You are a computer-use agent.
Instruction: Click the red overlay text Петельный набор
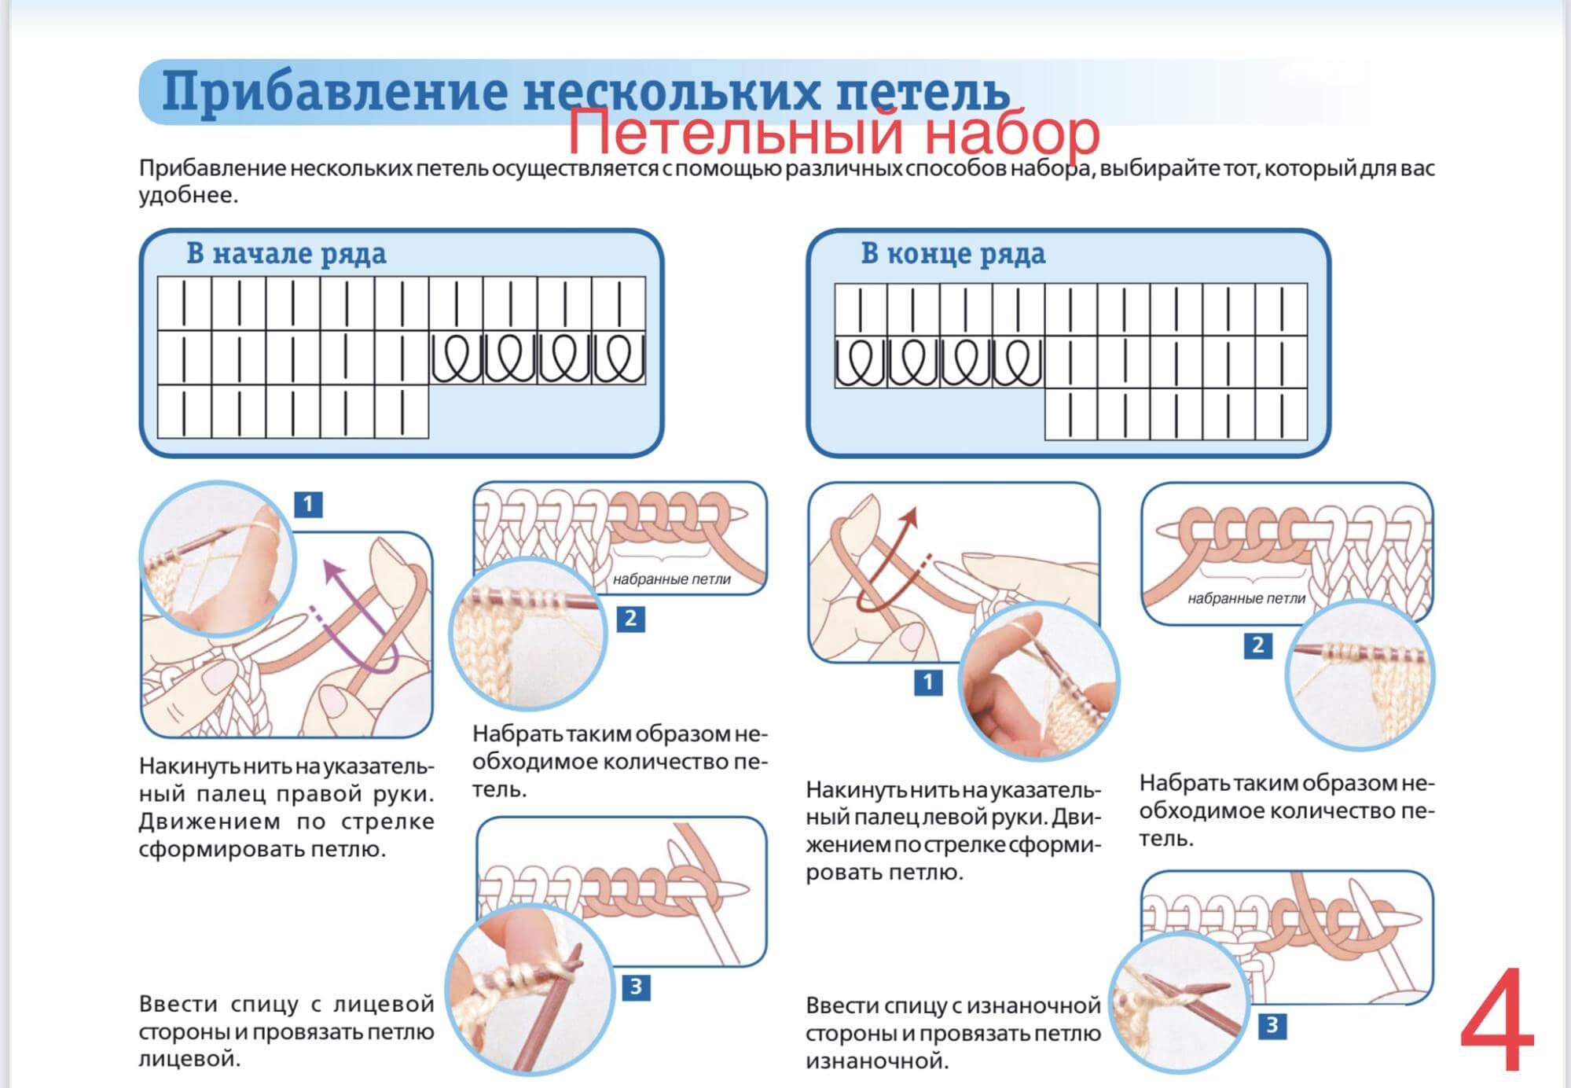point(833,131)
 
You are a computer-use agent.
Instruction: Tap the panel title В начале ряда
point(286,253)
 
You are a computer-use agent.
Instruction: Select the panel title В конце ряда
point(953,253)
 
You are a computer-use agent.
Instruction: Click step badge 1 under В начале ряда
point(308,504)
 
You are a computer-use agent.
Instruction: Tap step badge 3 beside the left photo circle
point(636,987)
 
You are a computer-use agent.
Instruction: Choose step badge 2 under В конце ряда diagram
point(1258,645)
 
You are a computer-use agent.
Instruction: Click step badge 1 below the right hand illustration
point(927,682)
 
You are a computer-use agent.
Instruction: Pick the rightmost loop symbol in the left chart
point(618,358)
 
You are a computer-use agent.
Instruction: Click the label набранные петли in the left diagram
point(671,579)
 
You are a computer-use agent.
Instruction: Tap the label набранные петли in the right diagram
point(1246,598)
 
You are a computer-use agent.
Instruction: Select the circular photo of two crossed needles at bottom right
point(1179,1005)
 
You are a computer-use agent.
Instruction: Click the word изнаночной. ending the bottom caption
point(877,1061)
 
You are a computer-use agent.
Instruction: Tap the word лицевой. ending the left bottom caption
point(189,1059)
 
